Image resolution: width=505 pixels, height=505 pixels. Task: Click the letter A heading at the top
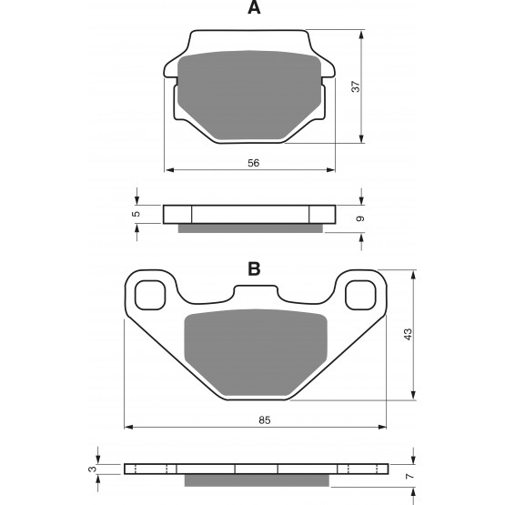[254, 7]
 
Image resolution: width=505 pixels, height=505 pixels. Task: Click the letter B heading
[254, 269]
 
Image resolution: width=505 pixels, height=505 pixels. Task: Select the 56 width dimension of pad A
[254, 163]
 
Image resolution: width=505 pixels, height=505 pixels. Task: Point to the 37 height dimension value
[355, 86]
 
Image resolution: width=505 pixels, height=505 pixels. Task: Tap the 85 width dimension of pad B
[265, 420]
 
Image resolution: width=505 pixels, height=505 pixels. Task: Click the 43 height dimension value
[408, 334]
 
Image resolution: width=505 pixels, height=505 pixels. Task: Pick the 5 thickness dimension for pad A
[136, 214]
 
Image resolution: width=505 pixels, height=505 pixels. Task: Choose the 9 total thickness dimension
[360, 218]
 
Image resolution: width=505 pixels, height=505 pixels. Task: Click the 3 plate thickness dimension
[93, 469]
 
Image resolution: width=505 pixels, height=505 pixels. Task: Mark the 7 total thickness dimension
[409, 476]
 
